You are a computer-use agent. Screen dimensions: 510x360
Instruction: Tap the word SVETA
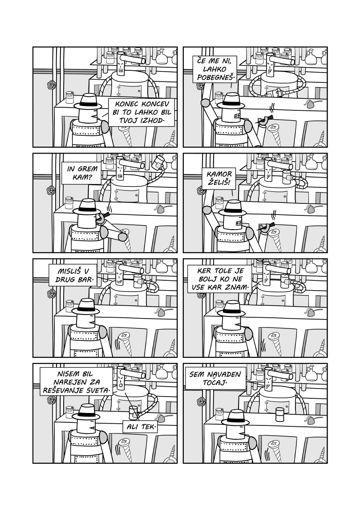click(x=96, y=390)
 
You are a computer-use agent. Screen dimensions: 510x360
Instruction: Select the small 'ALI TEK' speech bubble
click(x=140, y=427)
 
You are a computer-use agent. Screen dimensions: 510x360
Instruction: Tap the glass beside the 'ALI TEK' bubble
click(x=132, y=412)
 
